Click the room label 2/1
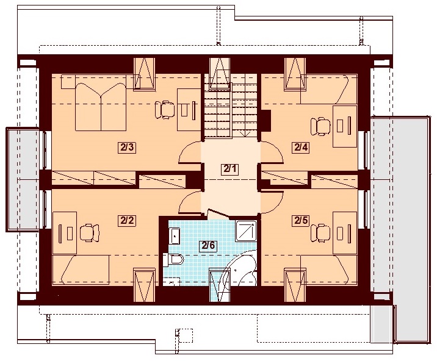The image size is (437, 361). [x=231, y=170]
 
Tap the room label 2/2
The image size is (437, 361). [x=127, y=220]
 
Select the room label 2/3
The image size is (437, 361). [x=127, y=146]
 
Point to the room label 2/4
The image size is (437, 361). [x=301, y=146]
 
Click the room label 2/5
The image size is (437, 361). [x=301, y=220]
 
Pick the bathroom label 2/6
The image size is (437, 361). [x=208, y=246]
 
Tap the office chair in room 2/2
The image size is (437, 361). [x=89, y=232]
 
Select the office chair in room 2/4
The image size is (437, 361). [x=320, y=126]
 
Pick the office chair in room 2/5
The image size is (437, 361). [x=320, y=231]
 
